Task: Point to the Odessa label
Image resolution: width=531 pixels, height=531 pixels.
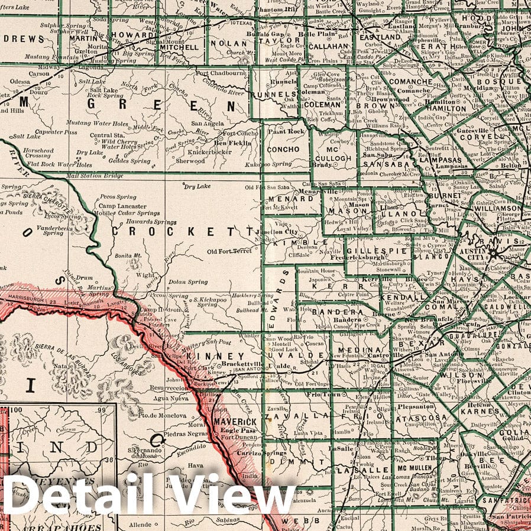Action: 19,81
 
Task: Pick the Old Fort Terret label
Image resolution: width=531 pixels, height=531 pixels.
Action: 229,251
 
